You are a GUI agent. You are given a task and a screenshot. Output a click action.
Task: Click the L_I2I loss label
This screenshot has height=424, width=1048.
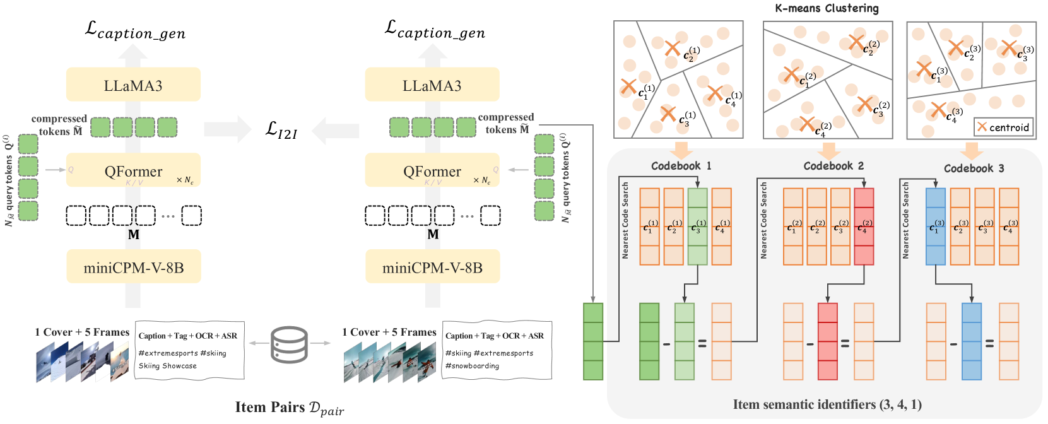(281, 130)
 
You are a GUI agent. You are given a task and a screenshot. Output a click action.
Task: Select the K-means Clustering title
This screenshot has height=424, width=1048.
(827, 8)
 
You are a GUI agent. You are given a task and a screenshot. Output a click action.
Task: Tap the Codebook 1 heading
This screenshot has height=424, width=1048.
(681, 166)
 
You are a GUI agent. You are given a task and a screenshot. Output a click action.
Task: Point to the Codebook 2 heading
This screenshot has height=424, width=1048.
(833, 166)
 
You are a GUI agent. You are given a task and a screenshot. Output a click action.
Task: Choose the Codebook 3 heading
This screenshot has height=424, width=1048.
(974, 168)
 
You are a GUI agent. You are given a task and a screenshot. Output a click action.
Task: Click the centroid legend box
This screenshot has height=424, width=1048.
(1003, 127)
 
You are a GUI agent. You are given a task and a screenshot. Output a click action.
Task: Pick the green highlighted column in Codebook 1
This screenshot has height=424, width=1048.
(697, 227)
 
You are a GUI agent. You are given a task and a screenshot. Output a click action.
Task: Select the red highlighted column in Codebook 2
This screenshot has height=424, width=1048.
(864, 227)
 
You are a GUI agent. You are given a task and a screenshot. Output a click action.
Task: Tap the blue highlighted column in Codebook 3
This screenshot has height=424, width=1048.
(935, 227)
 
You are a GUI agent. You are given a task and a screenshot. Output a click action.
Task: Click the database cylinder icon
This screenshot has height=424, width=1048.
(289, 344)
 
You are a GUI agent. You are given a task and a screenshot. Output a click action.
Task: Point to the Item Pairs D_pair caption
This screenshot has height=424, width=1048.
(290, 408)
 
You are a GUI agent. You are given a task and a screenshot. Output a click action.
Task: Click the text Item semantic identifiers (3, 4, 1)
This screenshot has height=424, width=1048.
(827, 404)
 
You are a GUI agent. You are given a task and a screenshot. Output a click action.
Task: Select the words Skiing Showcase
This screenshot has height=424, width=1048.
(168, 366)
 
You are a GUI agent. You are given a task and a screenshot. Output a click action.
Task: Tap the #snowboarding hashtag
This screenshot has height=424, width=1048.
(472, 366)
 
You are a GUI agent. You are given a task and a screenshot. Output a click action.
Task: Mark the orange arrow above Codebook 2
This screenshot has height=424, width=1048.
(828, 150)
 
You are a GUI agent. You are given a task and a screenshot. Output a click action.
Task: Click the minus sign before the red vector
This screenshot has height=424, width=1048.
(810, 344)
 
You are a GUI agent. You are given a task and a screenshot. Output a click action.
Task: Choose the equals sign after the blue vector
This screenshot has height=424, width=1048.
(989, 344)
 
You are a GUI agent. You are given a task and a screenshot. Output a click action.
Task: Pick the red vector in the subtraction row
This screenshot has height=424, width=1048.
(827, 341)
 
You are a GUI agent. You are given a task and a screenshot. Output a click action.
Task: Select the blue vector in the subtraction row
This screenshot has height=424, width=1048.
(972, 341)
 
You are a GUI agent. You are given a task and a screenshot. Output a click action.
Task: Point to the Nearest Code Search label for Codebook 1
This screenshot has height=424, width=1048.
(625, 220)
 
